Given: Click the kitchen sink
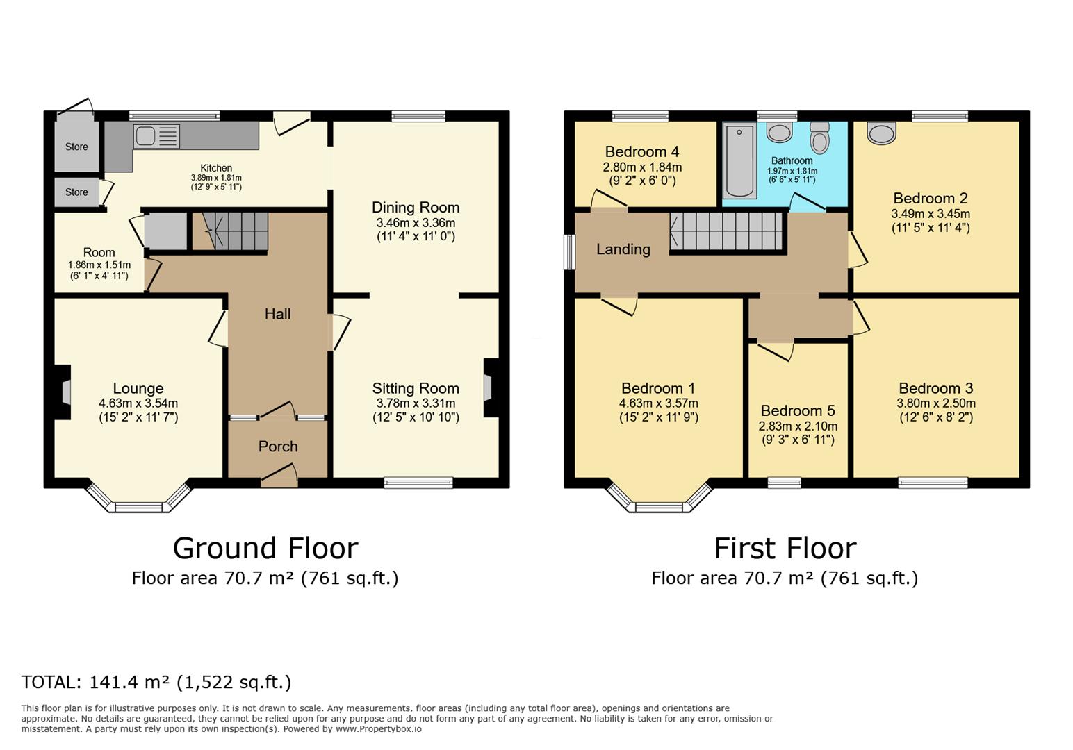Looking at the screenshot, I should (x=156, y=136).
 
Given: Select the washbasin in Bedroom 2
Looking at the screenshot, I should (x=881, y=133).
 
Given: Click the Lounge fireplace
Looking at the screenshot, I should (x=65, y=392).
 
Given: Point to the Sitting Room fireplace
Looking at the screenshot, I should (x=489, y=387).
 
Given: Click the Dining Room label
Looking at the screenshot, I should (x=416, y=208).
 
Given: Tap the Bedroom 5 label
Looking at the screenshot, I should (x=798, y=411).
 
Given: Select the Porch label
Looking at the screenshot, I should (x=278, y=447).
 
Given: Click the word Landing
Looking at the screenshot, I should (x=623, y=249).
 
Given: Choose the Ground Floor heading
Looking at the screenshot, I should (x=265, y=549).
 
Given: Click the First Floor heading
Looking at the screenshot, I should (x=785, y=549).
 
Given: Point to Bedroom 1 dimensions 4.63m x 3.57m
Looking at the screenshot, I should (x=659, y=403).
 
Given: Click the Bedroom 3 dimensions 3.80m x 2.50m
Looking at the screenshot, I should (x=935, y=403).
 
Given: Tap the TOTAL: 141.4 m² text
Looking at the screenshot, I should (x=156, y=683).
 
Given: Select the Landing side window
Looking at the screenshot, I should (x=569, y=252).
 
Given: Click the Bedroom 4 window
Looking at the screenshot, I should (x=640, y=116).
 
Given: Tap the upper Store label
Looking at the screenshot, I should (x=76, y=147).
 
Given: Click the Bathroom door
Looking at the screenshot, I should (x=807, y=203).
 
